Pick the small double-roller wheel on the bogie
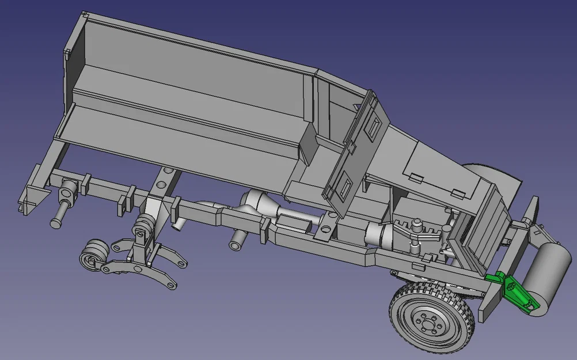(x=92, y=256)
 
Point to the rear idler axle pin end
(x=56, y=221)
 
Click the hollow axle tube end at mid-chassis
(x=236, y=244)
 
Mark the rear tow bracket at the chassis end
(x=29, y=193)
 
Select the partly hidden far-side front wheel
(x=489, y=173)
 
